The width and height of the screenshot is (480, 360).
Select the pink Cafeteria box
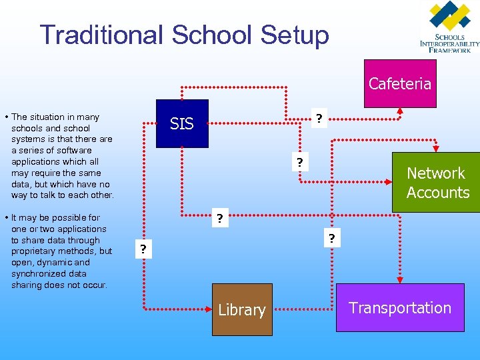click(x=400, y=83)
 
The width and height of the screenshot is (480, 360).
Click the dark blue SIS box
click(x=181, y=123)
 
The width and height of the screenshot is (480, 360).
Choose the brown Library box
click(x=241, y=309)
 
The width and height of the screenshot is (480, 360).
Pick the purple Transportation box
click(x=400, y=307)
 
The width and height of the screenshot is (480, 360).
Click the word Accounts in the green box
click(x=438, y=193)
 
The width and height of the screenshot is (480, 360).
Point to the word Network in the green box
click(x=436, y=173)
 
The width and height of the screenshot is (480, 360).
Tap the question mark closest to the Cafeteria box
click(x=319, y=119)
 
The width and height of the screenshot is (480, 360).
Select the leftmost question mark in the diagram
click(x=141, y=249)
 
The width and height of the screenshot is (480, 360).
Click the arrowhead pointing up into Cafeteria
click(x=399, y=111)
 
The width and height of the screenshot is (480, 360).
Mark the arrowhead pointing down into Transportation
click(x=399, y=279)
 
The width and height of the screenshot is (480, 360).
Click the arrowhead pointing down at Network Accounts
click(x=436, y=149)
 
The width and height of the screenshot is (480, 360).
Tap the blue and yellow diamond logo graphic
click(x=451, y=17)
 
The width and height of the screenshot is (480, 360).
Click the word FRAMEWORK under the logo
click(x=453, y=49)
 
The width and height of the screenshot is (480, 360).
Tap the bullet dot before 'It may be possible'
click(x=6, y=218)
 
